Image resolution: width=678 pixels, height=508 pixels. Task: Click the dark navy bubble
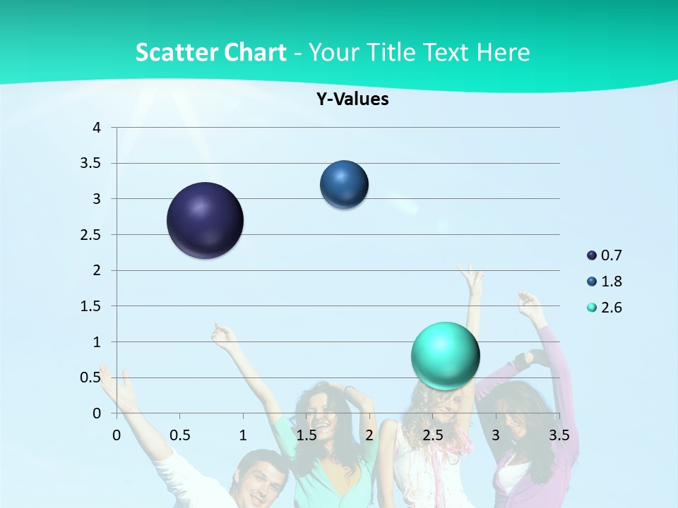coord(206,220)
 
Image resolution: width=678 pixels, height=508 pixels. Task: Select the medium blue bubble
coord(344,185)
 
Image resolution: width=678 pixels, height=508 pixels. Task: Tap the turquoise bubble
coord(445,356)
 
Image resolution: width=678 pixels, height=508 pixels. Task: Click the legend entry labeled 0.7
coord(605,255)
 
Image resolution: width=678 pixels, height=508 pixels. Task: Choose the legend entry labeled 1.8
coord(605,282)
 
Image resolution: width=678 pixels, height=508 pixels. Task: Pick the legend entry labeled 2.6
coord(605,308)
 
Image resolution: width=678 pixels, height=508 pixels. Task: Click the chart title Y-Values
coord(352,99)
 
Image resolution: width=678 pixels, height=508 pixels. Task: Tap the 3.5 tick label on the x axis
coord(559,435)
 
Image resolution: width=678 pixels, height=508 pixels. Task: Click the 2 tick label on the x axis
coord(369,435)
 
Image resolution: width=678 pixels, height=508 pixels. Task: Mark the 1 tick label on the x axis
coord(243,435)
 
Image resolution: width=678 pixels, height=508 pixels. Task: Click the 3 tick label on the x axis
coord(496,435)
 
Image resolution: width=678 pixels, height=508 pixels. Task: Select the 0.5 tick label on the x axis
coord(179,435)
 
